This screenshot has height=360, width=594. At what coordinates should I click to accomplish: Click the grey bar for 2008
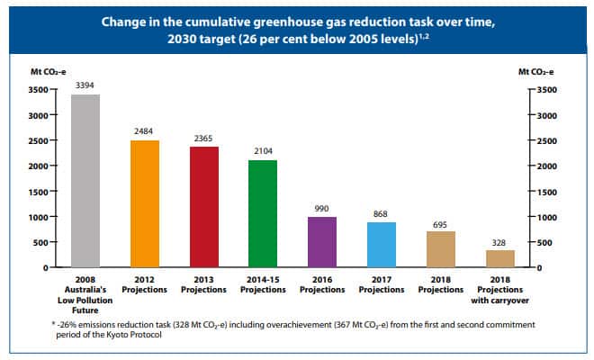point(85,181)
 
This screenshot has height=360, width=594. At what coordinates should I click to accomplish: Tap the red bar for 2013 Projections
point(203,207)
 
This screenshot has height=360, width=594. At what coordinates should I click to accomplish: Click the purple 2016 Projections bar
point(322,242)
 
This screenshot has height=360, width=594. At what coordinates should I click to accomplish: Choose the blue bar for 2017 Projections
point(382,245)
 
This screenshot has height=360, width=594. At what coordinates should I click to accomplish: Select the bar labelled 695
point(440,249)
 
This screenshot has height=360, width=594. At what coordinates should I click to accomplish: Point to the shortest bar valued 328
point(499,258)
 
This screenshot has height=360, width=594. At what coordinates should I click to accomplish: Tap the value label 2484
point(145,132)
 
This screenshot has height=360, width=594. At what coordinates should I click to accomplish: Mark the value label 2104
point(263,152)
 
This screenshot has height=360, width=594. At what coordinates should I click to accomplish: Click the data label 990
point(322,208)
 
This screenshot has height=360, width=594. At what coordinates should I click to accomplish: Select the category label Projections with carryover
point(499,290)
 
